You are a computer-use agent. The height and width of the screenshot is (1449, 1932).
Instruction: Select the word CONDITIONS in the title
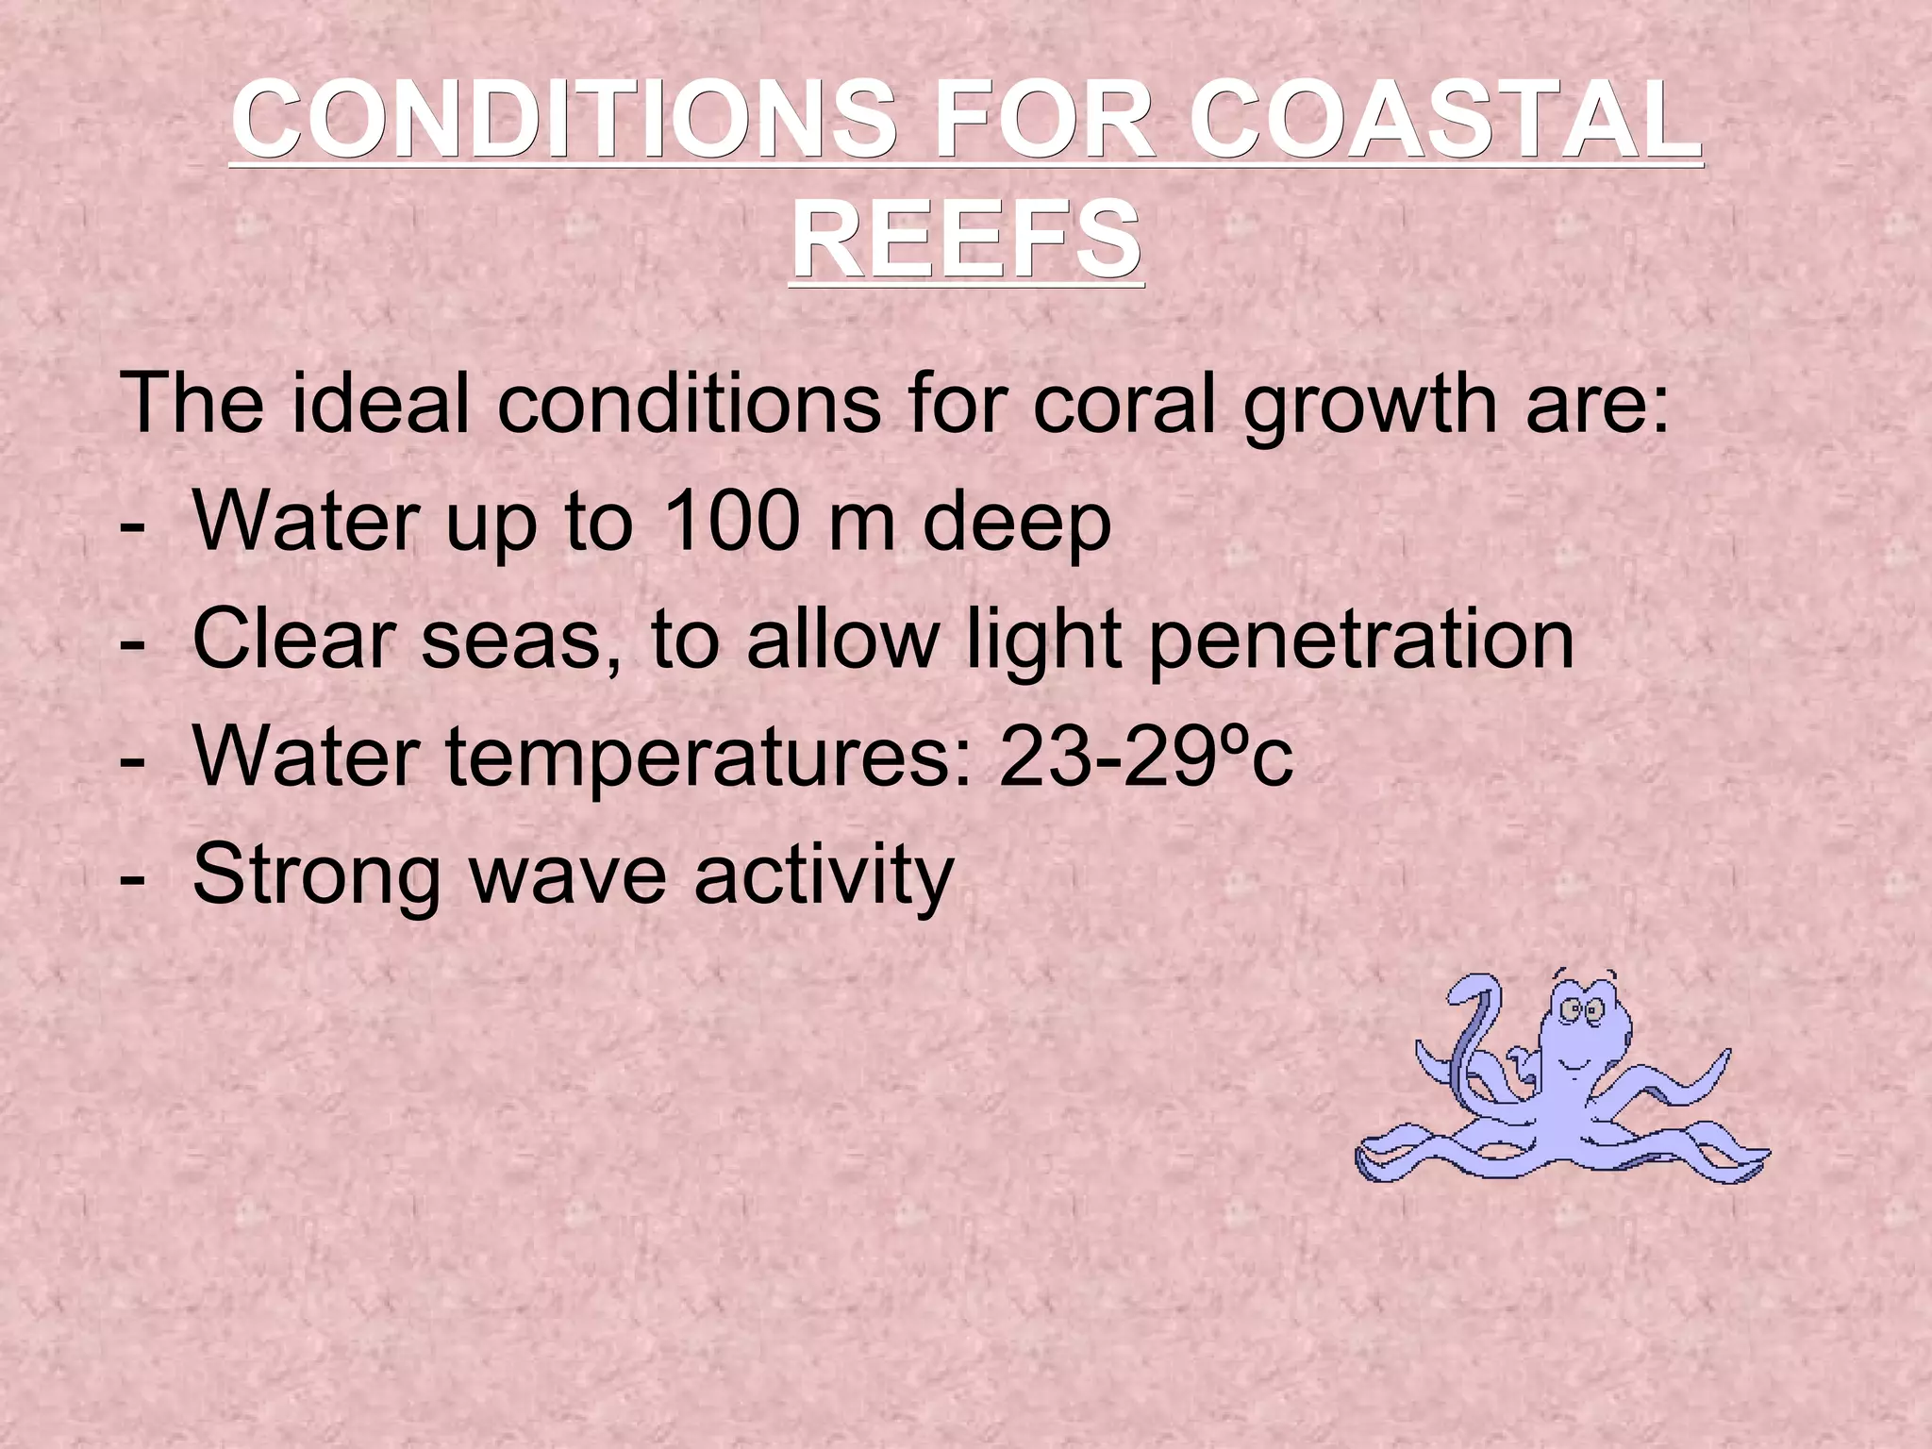coord(564,120)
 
